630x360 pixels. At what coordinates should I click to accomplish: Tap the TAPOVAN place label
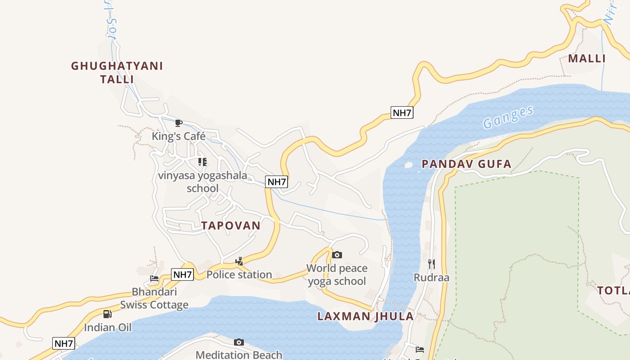click(x=231, y=225)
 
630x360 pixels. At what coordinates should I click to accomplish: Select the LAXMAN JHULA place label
click(x=365, y=316)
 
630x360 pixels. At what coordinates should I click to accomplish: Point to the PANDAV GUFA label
click(x=467, y=164)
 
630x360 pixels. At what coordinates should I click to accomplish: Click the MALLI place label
click(x=587, y=58)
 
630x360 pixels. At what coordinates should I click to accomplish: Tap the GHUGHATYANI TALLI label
click(x=117, y=72)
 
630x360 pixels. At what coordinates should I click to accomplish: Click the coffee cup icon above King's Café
click(x=179, y=123)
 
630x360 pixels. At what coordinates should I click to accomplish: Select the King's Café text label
click(x=179, y=136)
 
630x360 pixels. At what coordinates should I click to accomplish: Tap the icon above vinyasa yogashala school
click(x=202, y=162)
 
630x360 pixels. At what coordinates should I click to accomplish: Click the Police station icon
click(x=239, y=261)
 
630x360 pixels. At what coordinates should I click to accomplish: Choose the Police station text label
click(x=239, y=274)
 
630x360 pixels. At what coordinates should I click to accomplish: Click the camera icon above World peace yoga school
click(x=337, y=255)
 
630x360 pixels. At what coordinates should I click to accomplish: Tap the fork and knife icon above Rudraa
click(x=431, y=264)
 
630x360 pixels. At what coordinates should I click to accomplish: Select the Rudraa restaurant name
click(x=431, y=277)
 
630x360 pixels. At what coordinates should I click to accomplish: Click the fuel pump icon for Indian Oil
click(x=107, y=314)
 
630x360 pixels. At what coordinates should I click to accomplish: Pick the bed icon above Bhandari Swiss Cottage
click(x=154, y=278)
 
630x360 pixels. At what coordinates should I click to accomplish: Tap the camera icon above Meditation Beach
click(x=239, y=342)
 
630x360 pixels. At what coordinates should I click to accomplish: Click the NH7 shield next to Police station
click(x=183, y=274)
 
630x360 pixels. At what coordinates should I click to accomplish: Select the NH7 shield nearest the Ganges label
click(x=402, y=112)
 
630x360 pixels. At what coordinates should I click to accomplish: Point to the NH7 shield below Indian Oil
click(x=63, y=343)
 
